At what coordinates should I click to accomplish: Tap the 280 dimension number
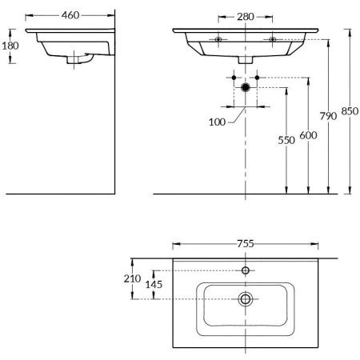[245, 17]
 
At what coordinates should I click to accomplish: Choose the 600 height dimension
[305, 137]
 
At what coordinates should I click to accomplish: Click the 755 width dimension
[245, 244]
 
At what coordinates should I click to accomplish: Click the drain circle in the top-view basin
[246, 299]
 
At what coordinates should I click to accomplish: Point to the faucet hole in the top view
[246, 270]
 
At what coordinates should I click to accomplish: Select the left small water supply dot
[234, 78]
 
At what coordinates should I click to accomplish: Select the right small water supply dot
[258, 78]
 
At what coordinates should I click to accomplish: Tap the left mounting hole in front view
[218, 38]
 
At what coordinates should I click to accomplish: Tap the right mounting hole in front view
[273, 38]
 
